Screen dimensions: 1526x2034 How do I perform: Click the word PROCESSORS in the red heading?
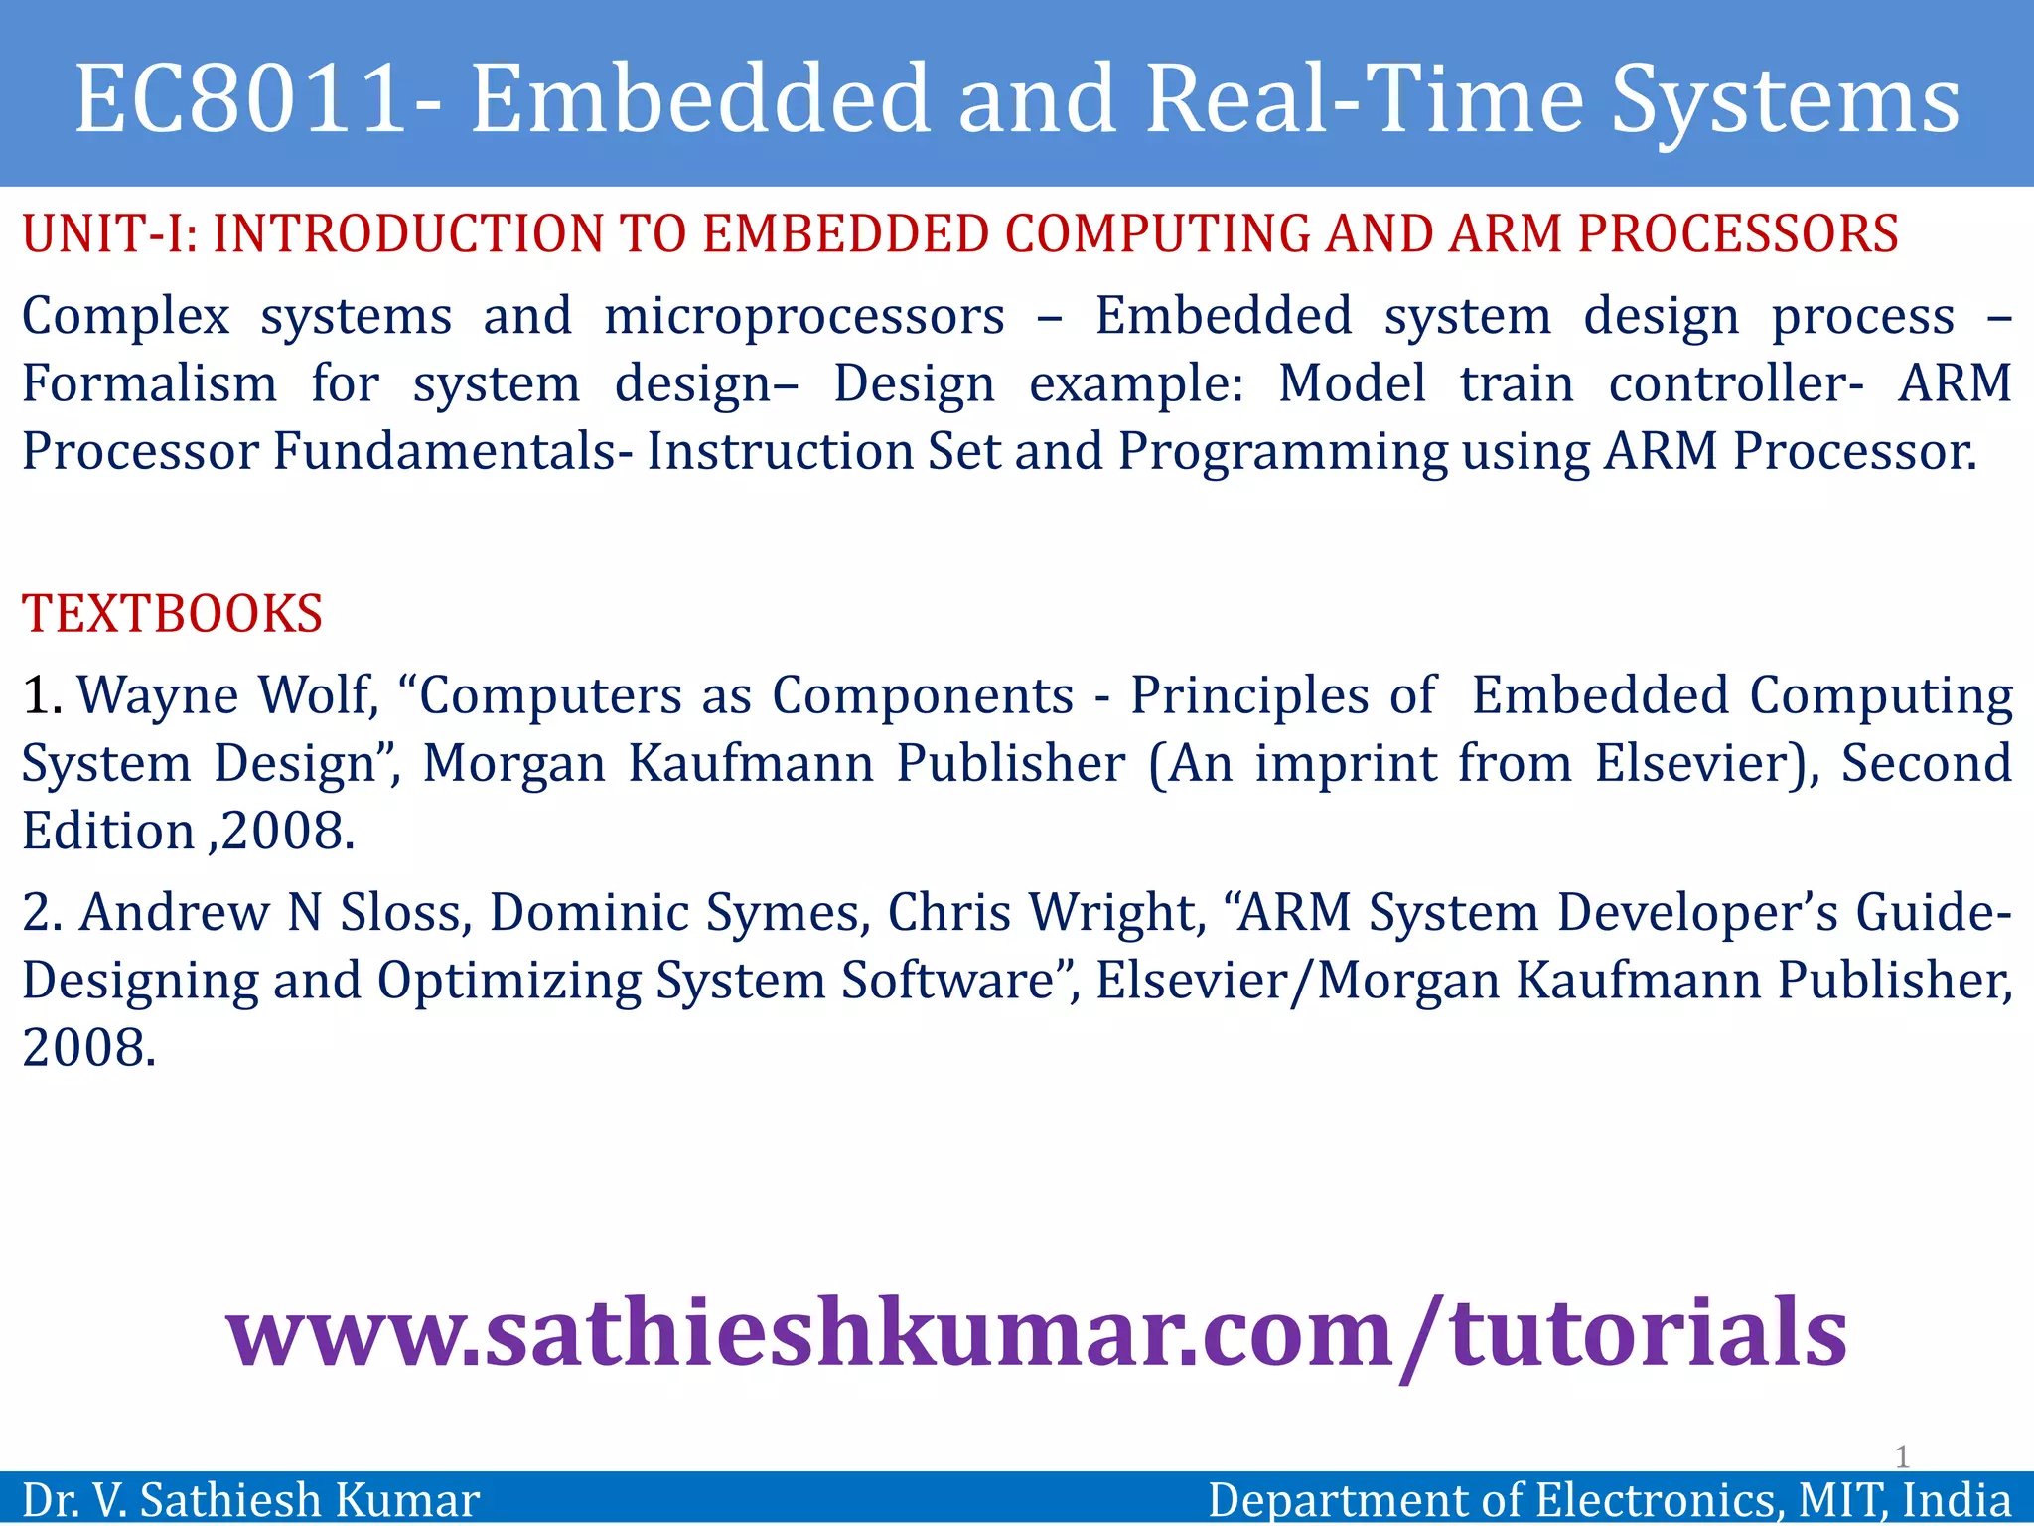click(x=1738, y=235)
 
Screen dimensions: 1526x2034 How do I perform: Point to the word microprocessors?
click(x=804, y=317)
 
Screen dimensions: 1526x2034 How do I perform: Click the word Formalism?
click(x=150, y=384)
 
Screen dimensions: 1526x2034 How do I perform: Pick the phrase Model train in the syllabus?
click(x=1425, y=384)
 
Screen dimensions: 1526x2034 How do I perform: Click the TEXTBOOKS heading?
click(x=173, y=614)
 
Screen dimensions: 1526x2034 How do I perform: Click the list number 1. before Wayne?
click(x=42, y=695)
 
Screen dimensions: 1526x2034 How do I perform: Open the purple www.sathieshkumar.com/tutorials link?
click(x=1037, y=1334)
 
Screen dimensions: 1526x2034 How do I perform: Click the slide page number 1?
click(x=1901, y=1457)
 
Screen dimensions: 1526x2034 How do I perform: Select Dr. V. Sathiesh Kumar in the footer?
click(x=251, y=1500)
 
